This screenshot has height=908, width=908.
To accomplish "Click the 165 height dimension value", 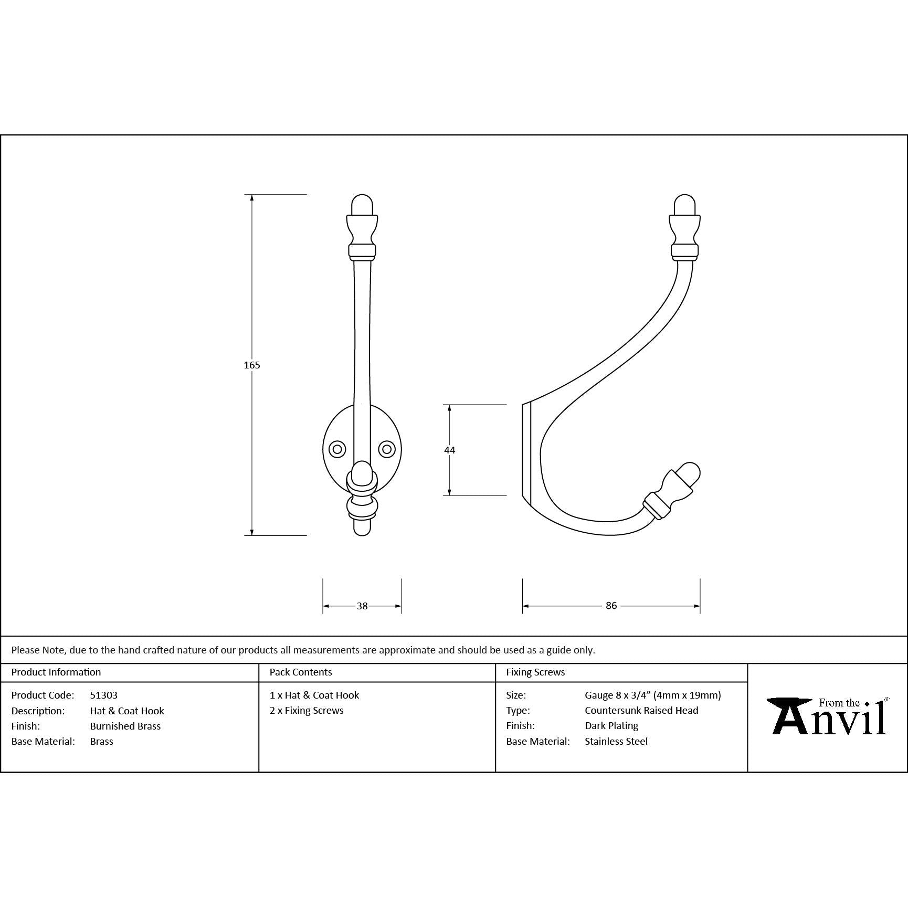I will click(x=252, y=365).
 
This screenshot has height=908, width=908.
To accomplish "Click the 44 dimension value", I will click(x=449, y=450).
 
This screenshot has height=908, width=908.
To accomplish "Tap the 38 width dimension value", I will click(x=362, y=606).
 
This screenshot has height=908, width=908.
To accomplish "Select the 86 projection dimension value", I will click(x=611, y=606).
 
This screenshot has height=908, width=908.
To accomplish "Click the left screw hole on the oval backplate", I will click(x=337, y=449).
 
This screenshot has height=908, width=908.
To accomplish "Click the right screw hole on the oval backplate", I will click(x=387, y=449).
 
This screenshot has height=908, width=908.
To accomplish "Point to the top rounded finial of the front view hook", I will click(x=362, y=205).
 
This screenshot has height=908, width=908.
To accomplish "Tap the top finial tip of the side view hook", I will click(x=684, y=205).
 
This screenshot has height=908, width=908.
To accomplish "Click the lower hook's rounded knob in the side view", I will click(x=688, y=473).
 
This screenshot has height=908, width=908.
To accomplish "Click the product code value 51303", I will click(x=104, y=695).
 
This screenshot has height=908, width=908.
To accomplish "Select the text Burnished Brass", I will click(x=125, y=726).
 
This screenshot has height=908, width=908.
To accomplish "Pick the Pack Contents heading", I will click(x=301, y=672).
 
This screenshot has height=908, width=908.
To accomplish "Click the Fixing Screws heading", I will click(x=535, y=672).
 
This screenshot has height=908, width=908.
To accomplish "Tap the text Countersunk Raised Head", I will click(x=641, y=710).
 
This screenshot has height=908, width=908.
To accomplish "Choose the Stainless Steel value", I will click(x=616, y=741).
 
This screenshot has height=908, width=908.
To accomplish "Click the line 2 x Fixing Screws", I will click(x=307, y=710).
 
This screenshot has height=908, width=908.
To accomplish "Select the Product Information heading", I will click(x=56, y=672).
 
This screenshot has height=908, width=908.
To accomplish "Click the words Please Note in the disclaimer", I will click(x=38, y=650).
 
